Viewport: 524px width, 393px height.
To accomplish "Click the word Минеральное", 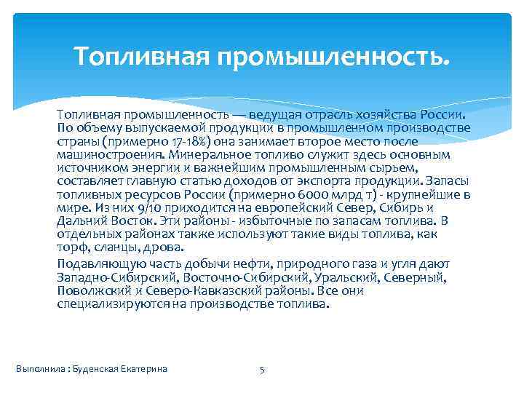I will [x=208, y=155].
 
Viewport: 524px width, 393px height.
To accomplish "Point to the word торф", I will [x=71, y=246].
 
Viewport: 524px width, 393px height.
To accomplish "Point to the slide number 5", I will [x=262, y=369].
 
